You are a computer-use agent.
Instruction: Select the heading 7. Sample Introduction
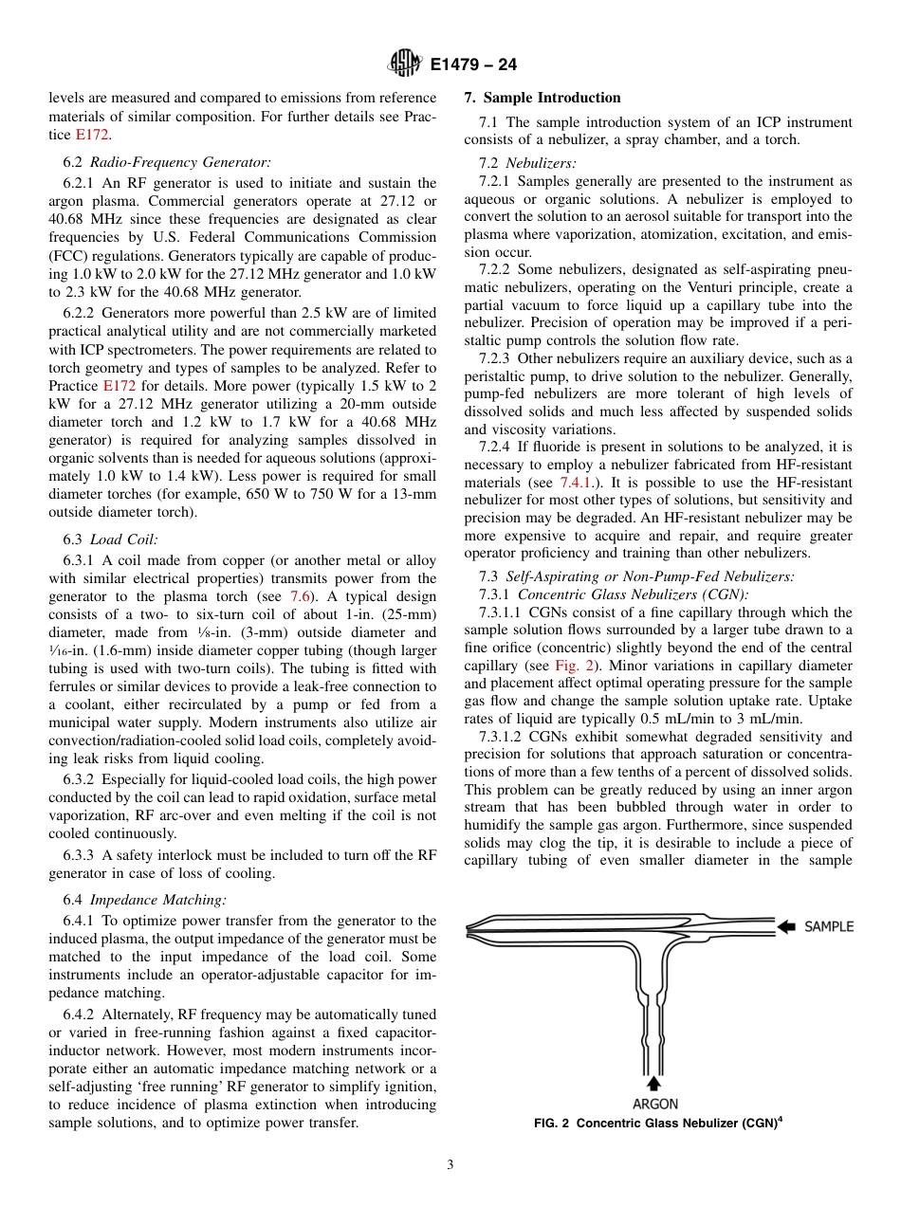tap(542, 98)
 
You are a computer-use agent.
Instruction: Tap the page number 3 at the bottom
tap(450, 1164)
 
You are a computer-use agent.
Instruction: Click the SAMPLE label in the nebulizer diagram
tap(829, 926)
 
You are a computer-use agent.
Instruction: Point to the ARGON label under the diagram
tap(655, 1104)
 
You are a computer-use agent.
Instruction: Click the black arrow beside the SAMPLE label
tap(787, 926)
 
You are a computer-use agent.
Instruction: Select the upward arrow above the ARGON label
tap(654, 1083)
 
